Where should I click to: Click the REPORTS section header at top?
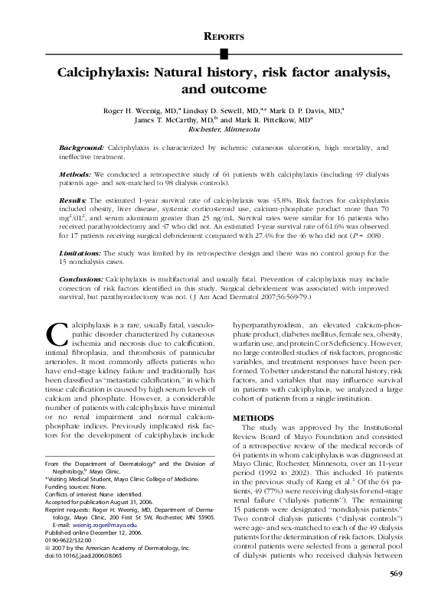[224, 36]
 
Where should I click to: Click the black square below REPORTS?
[224, 53]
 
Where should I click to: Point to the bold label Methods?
[76, 174]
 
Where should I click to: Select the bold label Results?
[73, 199]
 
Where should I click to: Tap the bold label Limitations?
[80, 252]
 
